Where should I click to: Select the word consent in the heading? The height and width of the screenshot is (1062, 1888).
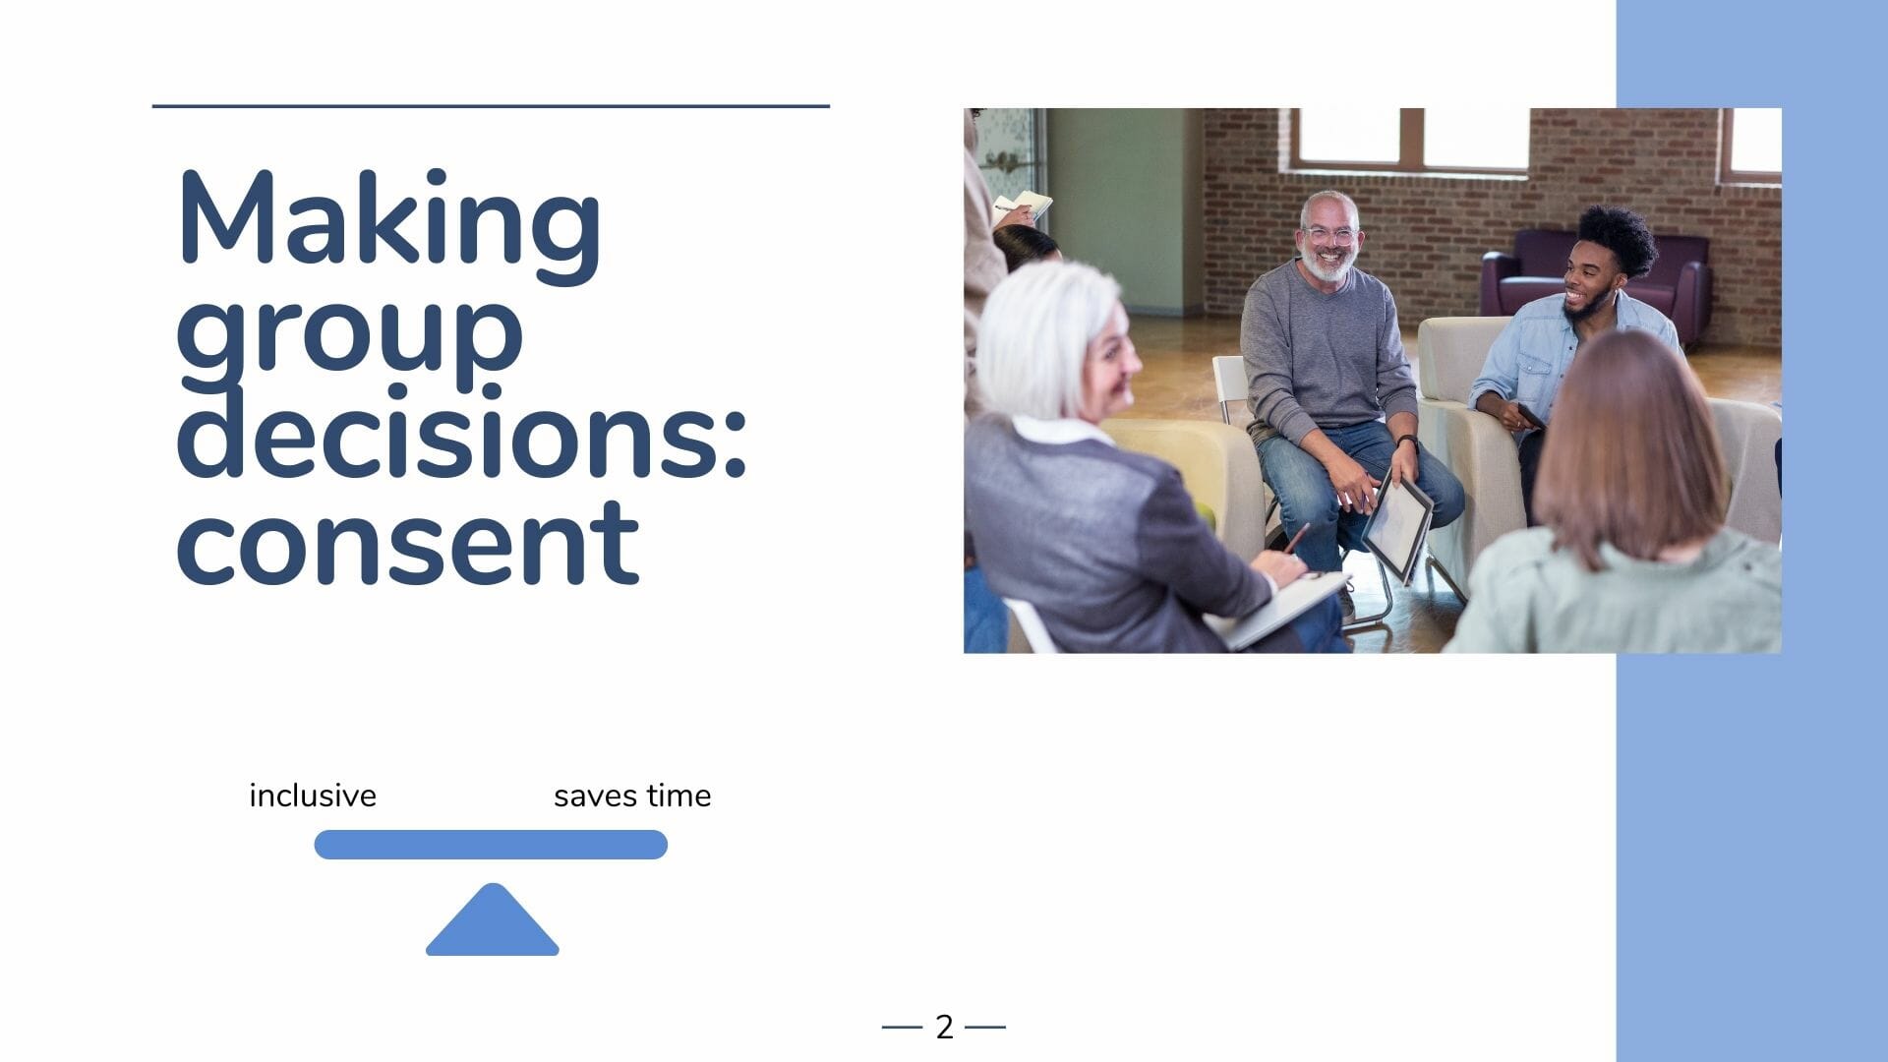(408, 541)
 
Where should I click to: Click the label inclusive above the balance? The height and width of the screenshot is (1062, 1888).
(313, 796)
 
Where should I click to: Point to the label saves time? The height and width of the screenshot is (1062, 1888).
(632, 796)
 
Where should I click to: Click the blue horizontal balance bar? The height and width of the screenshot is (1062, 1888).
(491, 845)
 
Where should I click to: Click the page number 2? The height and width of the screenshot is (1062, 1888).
(944, 1027)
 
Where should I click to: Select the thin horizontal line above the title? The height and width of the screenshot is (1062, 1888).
(491, 106)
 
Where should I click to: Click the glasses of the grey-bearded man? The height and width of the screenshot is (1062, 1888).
(1330, 236)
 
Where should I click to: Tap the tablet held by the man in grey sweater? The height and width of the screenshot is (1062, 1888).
(1396, 526)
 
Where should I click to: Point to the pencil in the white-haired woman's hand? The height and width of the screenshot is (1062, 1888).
(1296, 538)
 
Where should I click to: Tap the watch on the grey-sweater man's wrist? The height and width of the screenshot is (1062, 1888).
(1407, 442)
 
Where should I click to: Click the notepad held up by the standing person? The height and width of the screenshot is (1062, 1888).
(1023, 205)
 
